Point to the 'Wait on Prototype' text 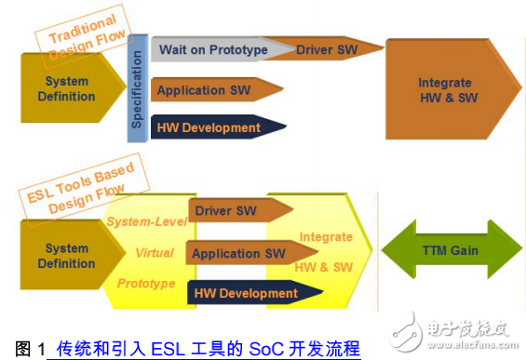(x=213, y=49)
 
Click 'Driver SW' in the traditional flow (x=327, y=48)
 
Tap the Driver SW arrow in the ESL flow (x=226, y=211)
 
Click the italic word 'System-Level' (x=147, y=221)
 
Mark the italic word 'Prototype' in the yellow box (x=147, y=283)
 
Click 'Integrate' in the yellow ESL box (x=326, y=237)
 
